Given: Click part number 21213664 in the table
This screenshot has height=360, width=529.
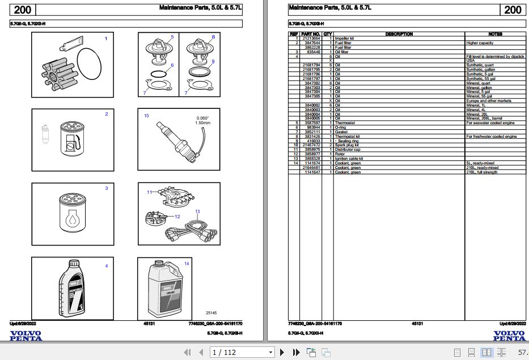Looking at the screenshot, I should [311, 39].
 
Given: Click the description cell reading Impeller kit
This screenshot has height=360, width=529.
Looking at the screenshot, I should [344, 39].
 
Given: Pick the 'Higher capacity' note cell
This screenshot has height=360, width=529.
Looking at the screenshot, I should [480, 43].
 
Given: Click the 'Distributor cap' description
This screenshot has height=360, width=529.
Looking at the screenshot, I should [348, 149].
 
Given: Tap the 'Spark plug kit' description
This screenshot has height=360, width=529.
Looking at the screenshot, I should [346, 145].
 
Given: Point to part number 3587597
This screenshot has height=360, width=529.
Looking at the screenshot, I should [311, 122].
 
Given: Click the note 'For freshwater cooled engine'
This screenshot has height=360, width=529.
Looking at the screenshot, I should [491, 137].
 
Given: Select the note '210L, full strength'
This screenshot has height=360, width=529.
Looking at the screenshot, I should [481, 172].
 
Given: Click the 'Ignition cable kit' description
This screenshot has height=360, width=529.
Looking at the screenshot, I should [349, 159].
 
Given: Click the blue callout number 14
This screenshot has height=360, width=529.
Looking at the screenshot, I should [187, 264].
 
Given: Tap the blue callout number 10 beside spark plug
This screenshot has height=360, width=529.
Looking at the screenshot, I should [146, 116].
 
